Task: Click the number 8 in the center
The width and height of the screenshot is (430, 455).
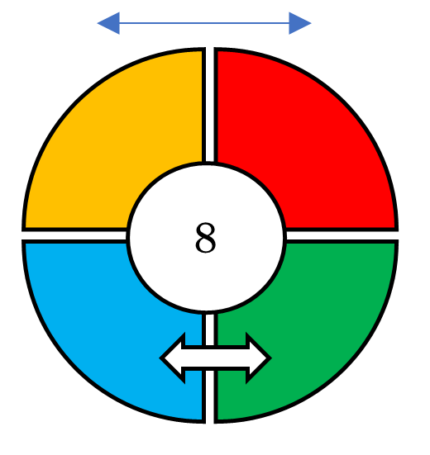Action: pyautogui.click(x=205, y=237)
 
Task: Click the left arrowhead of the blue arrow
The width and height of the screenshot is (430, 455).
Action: pyautogui.click(x=108, y=23)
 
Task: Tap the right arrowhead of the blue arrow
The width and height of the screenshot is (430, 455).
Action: pyautogui.click(x=300, y=23)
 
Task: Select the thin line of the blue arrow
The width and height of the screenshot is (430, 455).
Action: pyautogui.click(x=204, y=23)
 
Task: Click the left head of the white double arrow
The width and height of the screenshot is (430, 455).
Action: pyautogui.click(x=173, y=358)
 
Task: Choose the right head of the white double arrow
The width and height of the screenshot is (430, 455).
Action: pyautogui.click(x=258, y=358)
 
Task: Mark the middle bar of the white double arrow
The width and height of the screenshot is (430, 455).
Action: pyautogui.click(x=215, y=358)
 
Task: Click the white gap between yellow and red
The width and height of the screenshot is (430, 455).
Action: pyautogui.click(x=210, y=105)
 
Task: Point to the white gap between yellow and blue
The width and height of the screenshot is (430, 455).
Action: pyautogui.click(x=74, y=235)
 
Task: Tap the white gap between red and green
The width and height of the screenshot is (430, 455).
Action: pyautogui.click(x=342, y=235)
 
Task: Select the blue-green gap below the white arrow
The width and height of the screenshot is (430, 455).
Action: pyautogui.click(x=210, y=397)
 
